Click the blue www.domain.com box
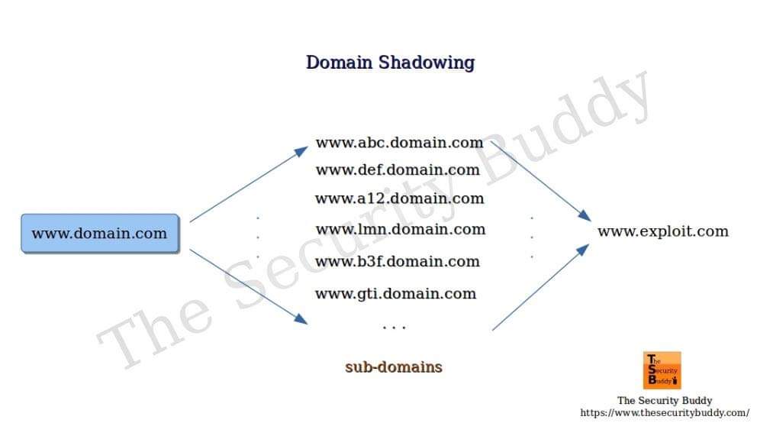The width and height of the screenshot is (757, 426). (x=99, y=234)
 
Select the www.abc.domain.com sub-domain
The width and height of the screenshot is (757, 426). (x=399, y=142)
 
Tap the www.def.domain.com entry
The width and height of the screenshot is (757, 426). (x=398, y=169)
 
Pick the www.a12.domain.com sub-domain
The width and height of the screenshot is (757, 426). (x=399, y=198)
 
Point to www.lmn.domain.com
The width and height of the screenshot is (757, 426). (x=400, y=229)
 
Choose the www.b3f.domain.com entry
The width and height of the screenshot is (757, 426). (x=398, y=261)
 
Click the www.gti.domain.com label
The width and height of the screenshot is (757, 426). (x=395, y=293)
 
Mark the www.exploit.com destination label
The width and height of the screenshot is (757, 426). (x=662, y=231)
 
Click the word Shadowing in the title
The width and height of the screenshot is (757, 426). (x=427, y=63)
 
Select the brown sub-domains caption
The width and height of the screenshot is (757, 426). (x=393, y=366)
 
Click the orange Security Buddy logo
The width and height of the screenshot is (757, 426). (x=662, y=370)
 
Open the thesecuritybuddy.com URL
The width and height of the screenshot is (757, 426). (x=664, y=413)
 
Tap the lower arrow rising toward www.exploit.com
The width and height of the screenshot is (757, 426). (x=540, y=287)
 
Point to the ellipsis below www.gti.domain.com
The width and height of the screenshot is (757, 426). (x=394, y=327)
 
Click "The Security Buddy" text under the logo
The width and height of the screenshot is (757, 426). (x=664, y=400)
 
